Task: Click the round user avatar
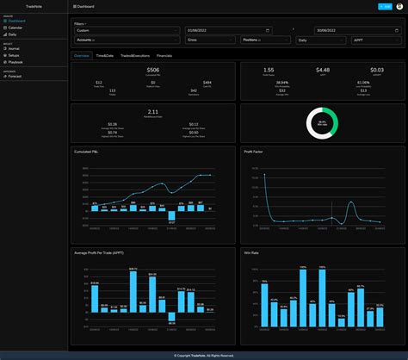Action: pos(399,6)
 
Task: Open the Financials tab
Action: pos(164,54)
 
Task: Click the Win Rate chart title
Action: pos(253,252)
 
